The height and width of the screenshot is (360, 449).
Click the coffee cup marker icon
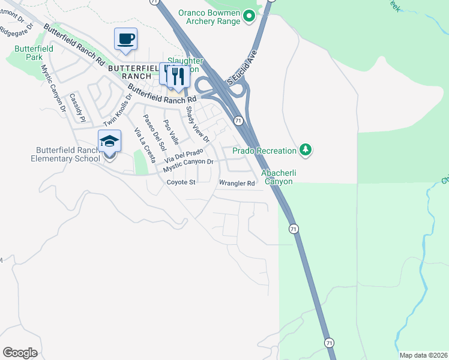coord(125,39)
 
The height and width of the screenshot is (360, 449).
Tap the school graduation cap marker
coord(109,142)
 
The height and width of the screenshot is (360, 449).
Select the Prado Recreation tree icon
coord(306,149)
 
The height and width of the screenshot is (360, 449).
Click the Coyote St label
coord(181,182)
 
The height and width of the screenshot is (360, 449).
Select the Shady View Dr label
coord(197,124)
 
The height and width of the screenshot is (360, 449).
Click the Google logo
coord(20,353)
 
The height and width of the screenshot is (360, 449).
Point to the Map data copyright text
coord(423,355)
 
